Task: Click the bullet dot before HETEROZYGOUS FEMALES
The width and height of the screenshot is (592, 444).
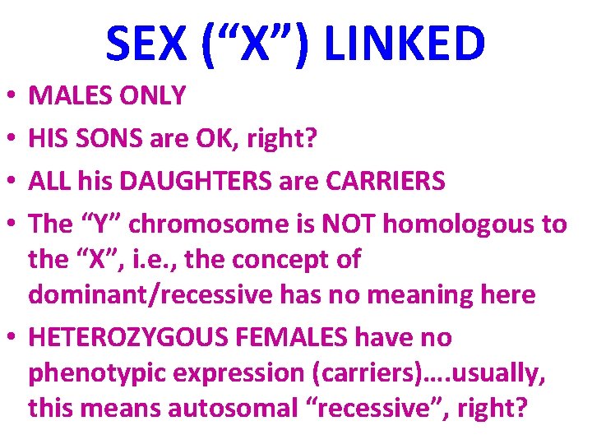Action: [8, 338]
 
